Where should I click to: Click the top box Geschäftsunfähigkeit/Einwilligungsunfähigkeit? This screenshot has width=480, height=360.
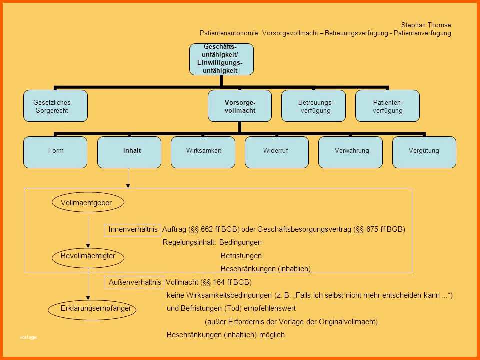(221, 59)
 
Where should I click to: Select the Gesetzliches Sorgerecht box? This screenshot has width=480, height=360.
(55, 106)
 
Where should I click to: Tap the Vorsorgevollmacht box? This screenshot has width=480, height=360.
(240, 106)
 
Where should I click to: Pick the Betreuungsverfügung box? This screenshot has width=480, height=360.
(314, 106)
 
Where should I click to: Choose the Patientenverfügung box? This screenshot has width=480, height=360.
(387, 106)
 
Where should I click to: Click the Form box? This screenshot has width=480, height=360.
(55, 152)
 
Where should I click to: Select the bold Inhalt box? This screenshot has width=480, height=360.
(129, 152)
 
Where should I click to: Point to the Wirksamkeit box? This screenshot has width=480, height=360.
(203, 152)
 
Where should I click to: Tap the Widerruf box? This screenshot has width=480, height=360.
(277, 152)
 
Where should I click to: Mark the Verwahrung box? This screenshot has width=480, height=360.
(351, 152)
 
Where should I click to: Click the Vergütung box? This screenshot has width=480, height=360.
(424, 152)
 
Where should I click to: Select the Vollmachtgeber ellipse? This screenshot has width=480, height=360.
(88, 202)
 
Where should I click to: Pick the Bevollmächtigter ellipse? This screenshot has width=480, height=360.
(88, 258)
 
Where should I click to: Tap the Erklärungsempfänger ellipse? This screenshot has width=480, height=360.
(92, 310)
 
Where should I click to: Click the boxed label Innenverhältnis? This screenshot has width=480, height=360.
(132, 230)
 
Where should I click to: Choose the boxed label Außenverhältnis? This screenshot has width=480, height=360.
(134, 282)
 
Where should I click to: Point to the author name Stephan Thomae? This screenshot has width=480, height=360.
(426, 25)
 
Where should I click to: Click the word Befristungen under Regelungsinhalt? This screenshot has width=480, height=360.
(241, 256)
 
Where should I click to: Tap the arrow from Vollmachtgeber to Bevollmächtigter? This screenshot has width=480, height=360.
(88, 232)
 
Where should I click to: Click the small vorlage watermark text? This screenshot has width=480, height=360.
(28, 337)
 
